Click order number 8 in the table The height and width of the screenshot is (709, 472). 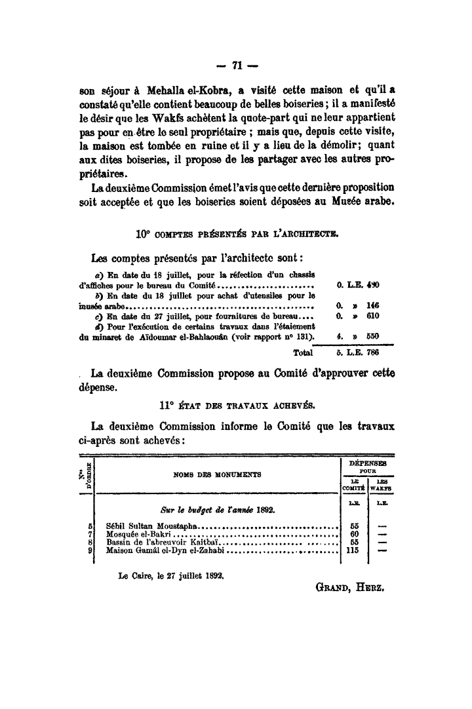(88, 543)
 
